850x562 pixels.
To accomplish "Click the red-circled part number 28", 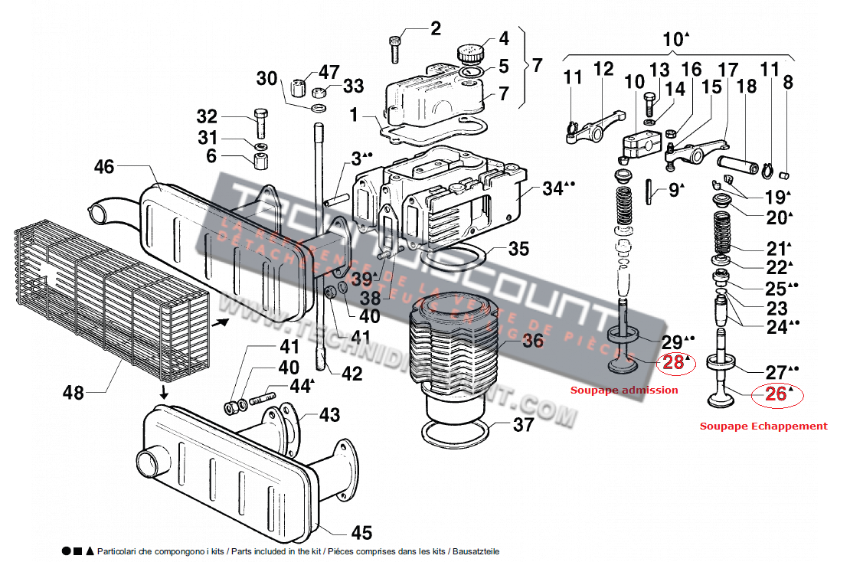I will (674, 363).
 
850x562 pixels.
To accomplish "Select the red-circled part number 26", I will (776, 394).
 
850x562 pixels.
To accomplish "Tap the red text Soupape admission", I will (624, 390).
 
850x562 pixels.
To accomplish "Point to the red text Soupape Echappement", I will (763, 426).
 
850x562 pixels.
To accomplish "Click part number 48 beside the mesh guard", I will (74, 394).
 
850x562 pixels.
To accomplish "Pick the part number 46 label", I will (104, 166).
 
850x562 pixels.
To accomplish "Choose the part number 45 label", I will (361, 533).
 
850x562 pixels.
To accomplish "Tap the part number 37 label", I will (523, 424).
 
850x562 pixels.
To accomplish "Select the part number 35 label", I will (518, 249).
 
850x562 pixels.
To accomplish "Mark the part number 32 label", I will (207, 117).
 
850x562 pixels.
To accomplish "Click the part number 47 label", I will (329, 73).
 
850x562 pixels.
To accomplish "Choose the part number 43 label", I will (329, 414).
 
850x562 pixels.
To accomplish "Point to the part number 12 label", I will (603, 69).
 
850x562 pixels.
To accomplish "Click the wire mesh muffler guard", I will (107, 299).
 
